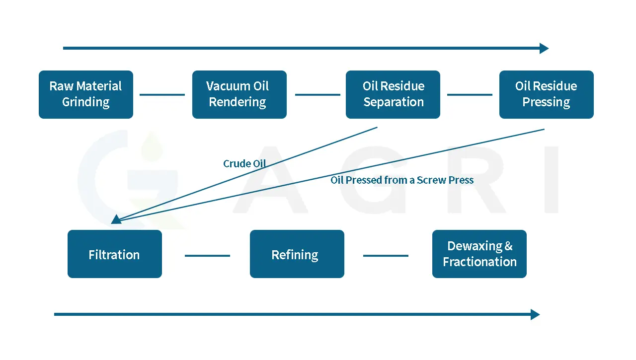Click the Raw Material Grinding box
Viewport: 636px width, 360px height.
pyautogui.click(x=85, y=94)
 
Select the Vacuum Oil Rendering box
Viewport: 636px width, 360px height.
pyautogui.click(x=239, y=94)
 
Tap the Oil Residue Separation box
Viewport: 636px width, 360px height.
pyautogui.click(x=393, y=94)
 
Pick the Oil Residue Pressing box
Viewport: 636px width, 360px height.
pyautogui.click(x=546, y=94)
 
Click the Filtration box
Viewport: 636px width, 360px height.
pyautogui.click(x=114, y=254)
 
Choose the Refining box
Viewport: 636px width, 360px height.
pyautogui.click(x=297, y=254)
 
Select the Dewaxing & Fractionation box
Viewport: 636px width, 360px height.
pyautogui.click(x=479, y=254)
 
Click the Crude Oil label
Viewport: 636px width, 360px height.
pyautogui.click(x=244, y=164)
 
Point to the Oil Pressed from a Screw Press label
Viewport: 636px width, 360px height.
pyautogui.click(x=402, y=180)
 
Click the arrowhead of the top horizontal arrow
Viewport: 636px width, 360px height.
pyautogui.click(x=544, y=48)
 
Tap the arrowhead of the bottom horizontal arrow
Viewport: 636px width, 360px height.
pyautogui.click(x=535, y=314)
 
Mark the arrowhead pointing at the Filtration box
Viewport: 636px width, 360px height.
pyautogui.click(x=116, y=219)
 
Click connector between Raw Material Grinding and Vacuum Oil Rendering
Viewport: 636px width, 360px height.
pyautogui.click(x=162, y=94)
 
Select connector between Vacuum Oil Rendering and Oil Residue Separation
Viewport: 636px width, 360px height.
pyautogui.click(x=318, y=94)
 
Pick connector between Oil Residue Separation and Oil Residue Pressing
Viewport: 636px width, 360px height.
pyautogui.click(x=470, y=94)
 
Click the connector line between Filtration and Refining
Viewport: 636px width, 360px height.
pyautogui.click(x=207, y=256)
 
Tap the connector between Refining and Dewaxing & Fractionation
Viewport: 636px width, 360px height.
pyautogui.click(x=386, y=256)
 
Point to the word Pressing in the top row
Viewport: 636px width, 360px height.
pyautogui.click(x=546, y=102)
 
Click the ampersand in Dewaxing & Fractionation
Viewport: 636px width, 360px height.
pyautogui.click(x=508, y=246)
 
